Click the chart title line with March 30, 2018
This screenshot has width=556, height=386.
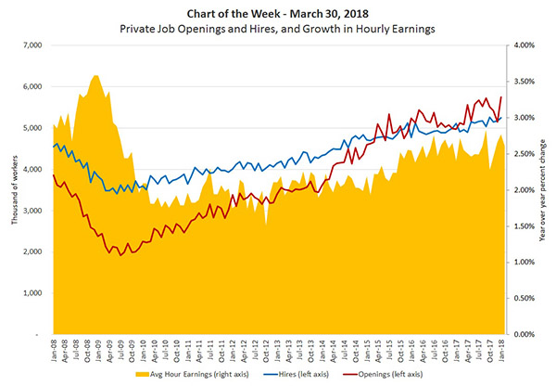click(x=278, y=11)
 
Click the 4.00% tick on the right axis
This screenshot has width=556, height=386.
click(x=527, y=45)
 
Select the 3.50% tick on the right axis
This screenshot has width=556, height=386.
click(x=527, y=82)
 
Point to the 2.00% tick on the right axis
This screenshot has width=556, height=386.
click(x=527, y=189)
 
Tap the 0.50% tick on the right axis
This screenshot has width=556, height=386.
click(x=527, y=298)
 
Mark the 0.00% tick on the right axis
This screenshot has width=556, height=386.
click(x=527, y=334)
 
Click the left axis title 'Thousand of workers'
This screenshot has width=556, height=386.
click(x=11, y=189)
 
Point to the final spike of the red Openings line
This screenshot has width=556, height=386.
click(x=501, y=96)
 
